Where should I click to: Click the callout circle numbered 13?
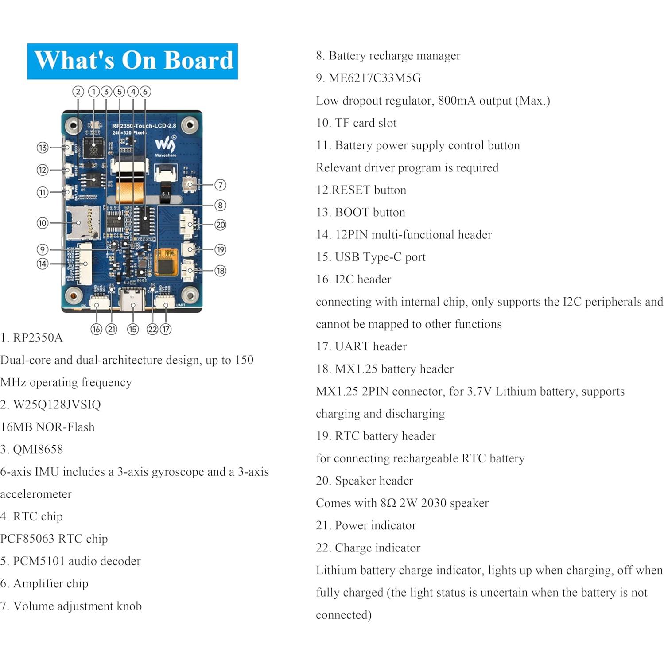click(x=43, y=148)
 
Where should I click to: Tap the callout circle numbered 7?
click(x=220, y=185)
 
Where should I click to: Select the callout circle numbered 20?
click(x=220, y=225)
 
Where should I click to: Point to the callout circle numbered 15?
click(x=132, y=329)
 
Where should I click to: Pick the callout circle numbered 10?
click(x=43, y=223)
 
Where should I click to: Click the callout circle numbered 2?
click(x=78, y=92)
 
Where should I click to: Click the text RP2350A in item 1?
click(x=38, y=338)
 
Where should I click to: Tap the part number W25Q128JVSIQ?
click(x=57, y=404)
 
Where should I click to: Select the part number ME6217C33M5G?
click(x=375, y=78)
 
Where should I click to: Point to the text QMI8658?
click(x=38, y=449)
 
